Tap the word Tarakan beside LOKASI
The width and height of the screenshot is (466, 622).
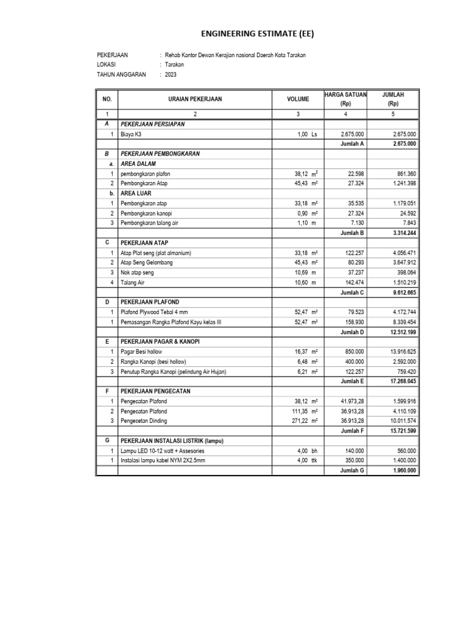click(x=175, y=64)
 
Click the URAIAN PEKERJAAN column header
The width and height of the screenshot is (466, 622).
click(x=195, y=98)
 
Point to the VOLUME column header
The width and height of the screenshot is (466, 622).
click(x=298, y=98)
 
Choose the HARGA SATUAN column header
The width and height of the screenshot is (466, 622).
click(x=345, y=94)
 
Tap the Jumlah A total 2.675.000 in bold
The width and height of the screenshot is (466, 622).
click(x=404, y=144)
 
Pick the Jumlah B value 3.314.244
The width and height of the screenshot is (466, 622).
click(x=404, y=233)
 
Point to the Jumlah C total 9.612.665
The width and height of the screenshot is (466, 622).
click(x=404, y=292)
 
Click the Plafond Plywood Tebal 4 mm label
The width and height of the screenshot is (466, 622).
click(x=155, y=312)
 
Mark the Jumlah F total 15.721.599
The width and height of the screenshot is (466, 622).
click(x=404, y=431)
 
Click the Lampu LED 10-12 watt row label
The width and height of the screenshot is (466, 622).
click(x=163, y=451)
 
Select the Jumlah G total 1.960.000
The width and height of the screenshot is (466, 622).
click(x=404, y=470)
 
